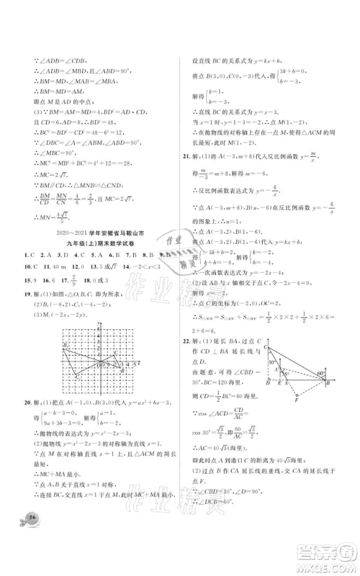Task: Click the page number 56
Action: point(32,539)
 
